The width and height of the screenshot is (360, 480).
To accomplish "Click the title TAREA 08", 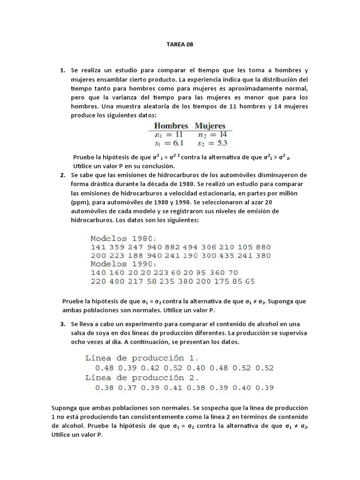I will (x=180, y=45).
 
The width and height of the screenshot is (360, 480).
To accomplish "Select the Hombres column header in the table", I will (x=171, y=126).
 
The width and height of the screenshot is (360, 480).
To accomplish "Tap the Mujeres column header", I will (x=210, y=126).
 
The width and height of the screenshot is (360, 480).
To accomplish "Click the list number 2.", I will (x=62, y=175).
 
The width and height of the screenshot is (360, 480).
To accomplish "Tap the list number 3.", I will (x=62, y=324).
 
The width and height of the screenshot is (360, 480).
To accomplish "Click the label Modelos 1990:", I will (x=124, y=264).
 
